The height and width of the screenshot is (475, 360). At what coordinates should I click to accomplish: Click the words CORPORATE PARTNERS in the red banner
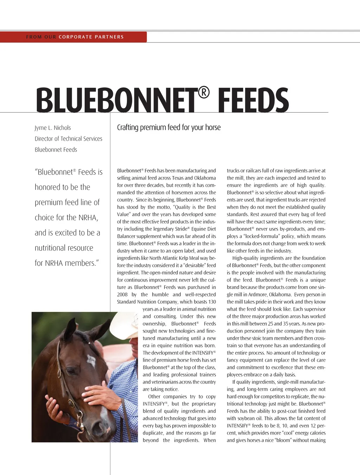click(x=91, y=37)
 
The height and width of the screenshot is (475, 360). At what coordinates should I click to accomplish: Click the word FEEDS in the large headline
click(x=253, y=101)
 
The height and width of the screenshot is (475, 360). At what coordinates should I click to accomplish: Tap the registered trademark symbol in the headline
click(x=204, y=92)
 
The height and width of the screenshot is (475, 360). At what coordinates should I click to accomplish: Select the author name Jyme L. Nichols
click(x=53, y=128)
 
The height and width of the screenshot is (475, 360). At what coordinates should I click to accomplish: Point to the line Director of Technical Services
click(x=69, y=139)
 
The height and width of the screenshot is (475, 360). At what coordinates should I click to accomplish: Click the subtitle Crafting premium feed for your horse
click(x=169, y=127)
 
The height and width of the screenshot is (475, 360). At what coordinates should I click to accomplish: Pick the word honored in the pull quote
click(x=47, y=187)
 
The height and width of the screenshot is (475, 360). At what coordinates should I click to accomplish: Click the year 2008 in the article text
click(x=122, y=295)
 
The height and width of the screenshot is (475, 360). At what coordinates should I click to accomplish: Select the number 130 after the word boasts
click(x=212, y=302)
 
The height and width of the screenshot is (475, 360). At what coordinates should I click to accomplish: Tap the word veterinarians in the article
click(x=165, y=382)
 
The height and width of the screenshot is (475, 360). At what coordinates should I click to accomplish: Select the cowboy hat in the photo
click(x=125, y=325)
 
